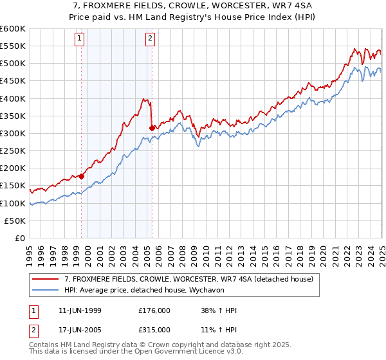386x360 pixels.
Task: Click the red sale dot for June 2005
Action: [152, 128]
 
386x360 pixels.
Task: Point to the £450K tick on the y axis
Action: [13, 80]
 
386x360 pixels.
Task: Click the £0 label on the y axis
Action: [20, 238]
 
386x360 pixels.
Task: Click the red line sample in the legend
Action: [45, 279]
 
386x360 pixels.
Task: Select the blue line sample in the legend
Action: [45, 291]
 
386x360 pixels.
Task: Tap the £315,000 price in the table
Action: [154, 329]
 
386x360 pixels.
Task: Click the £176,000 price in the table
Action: [154, 310]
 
